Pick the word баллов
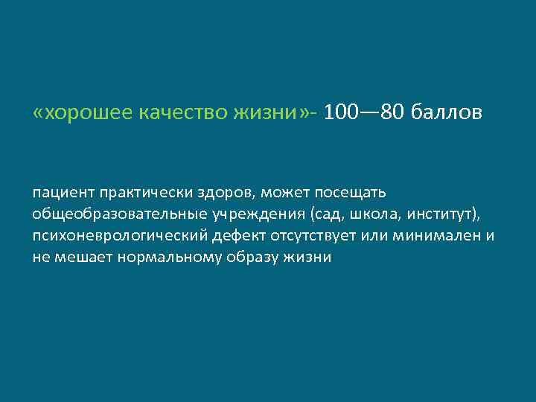point(449,113)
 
